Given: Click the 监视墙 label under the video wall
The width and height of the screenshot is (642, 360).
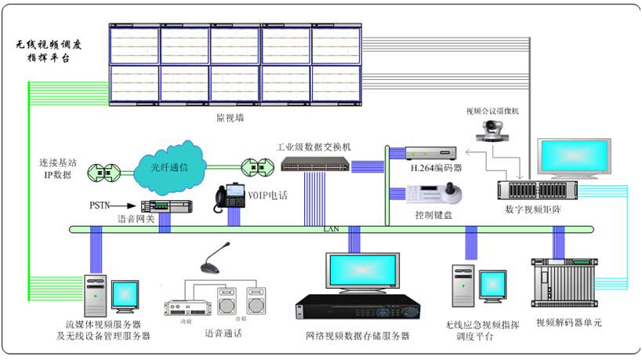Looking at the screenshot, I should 230,117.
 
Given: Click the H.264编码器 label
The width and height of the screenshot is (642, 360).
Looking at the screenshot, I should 436,168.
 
